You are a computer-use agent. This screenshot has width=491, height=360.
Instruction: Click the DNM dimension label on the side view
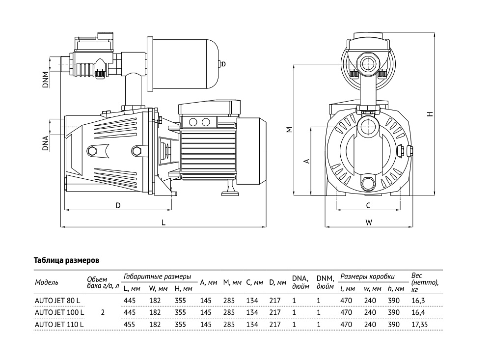point(45,80)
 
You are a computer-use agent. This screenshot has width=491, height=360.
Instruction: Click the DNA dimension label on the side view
point(45,141)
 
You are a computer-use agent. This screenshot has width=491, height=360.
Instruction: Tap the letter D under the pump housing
point(118,206)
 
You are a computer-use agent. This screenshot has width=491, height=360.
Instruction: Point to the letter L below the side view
point(164,222)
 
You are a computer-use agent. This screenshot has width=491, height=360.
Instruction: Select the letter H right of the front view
point(430,114)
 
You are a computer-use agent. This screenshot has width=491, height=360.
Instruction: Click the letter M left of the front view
point(289,130)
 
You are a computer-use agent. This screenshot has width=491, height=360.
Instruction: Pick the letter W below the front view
point(369,222)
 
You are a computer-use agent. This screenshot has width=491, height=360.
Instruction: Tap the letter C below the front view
point(368,206)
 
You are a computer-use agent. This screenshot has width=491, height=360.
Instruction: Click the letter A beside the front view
point(306,161)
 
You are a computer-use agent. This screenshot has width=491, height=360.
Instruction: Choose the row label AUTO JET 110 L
point(59,324)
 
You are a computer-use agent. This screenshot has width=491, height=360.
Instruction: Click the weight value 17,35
point(421,324)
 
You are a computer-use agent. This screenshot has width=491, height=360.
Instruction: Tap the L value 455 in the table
point(129,324)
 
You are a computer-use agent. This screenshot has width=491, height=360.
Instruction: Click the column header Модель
point(47,282)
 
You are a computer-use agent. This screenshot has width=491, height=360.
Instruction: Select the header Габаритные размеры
point(157,277)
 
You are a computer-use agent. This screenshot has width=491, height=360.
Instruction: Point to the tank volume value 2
point(102,312)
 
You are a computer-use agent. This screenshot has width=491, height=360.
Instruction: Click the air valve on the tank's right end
point(222,63)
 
